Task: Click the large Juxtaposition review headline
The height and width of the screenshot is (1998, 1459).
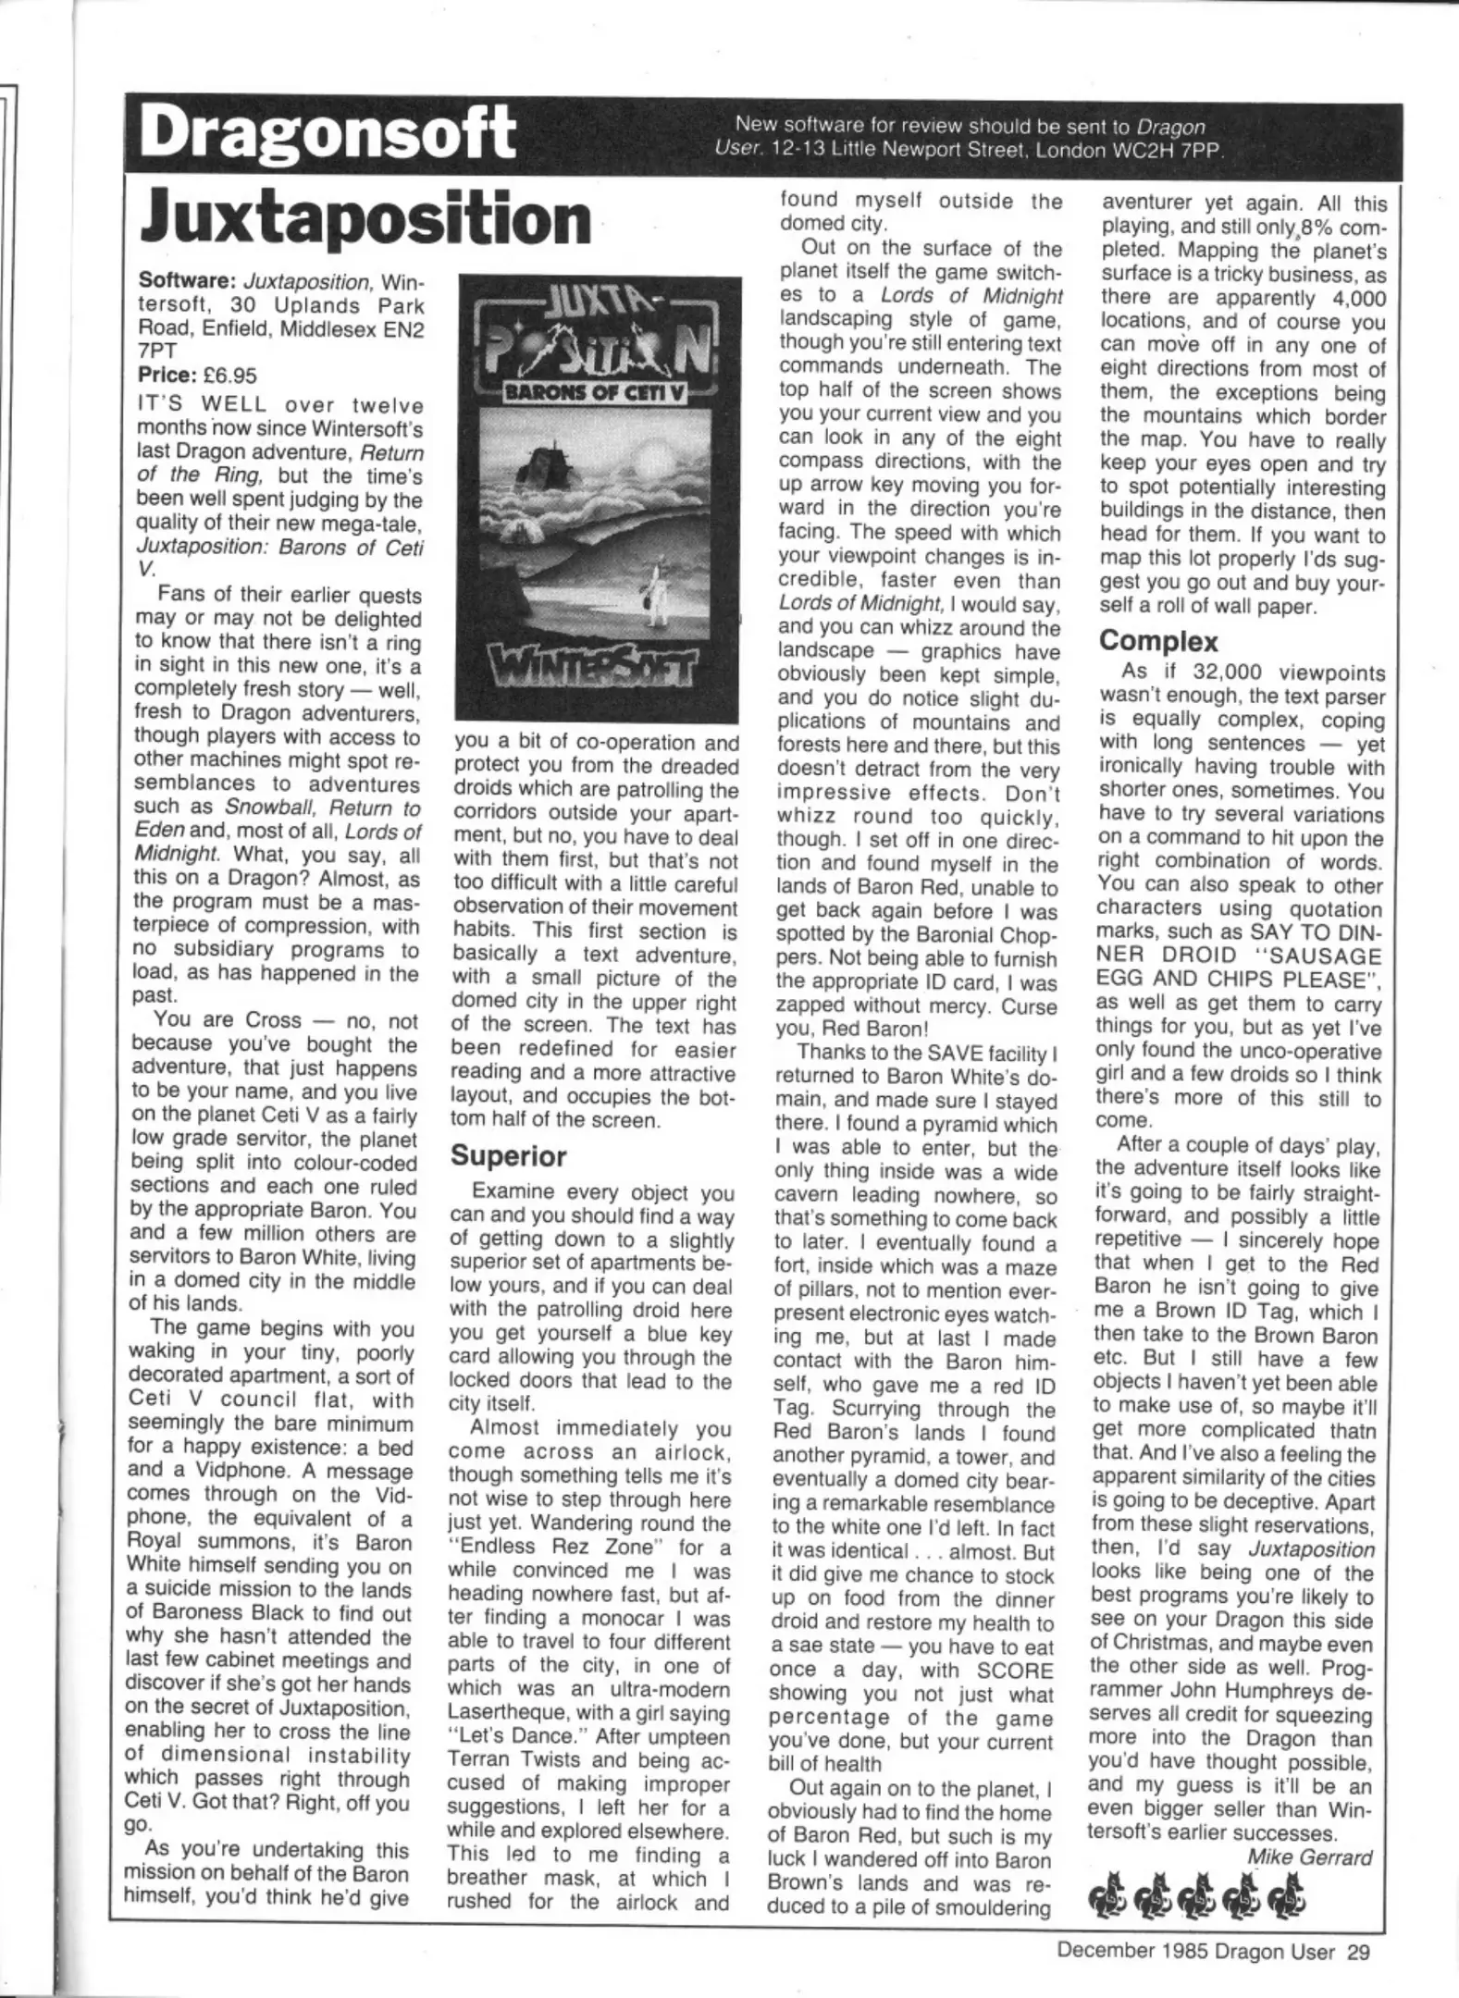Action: click(x=365, y=218)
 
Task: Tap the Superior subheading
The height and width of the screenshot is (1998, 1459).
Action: click(x=508, y=1156)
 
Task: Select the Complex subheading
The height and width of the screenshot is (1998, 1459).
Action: click(x=1158, y=641)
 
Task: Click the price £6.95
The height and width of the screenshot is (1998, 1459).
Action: click(x=229, y=376)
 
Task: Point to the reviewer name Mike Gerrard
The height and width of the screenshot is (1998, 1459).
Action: click(x=1309, y=1856)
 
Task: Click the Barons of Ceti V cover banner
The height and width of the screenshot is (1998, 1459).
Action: click(x=598, y=392)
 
